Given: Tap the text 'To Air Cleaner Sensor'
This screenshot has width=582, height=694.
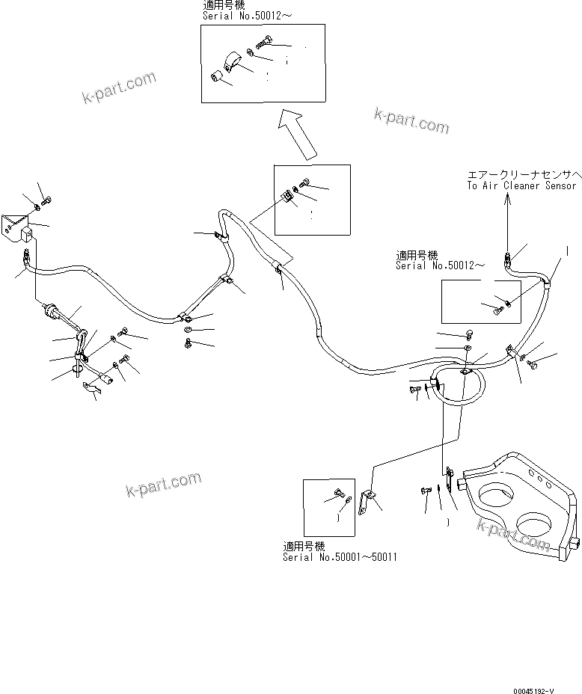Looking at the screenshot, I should (x=521, y=185).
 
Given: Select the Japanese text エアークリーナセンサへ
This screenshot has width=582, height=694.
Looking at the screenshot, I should (x=521, y=173).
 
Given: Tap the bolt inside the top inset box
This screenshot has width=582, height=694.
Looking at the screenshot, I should (x=266, y=44).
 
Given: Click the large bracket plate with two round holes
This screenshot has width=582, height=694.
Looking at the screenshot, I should (x=519, y=509).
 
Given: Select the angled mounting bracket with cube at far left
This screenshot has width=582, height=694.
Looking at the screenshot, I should (x=16, y=226).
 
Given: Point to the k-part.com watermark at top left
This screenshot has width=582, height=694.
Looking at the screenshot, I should (x=120, y=87).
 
